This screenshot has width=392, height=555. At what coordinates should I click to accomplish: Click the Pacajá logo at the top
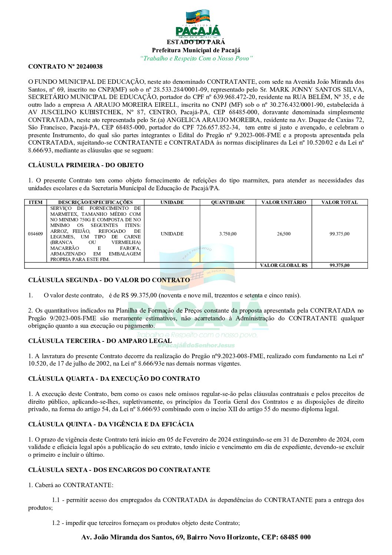[198, 24]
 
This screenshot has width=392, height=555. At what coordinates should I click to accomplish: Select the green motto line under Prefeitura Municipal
[196, 59]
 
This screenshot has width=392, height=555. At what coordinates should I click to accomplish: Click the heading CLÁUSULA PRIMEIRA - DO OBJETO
[86, 165]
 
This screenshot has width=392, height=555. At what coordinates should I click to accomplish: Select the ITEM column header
[36, 202]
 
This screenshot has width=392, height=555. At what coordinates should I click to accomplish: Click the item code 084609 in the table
[36, 234]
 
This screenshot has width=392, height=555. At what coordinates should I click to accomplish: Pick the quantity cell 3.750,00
[228, 234]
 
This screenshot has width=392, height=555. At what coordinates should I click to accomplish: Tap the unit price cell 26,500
[284, 234]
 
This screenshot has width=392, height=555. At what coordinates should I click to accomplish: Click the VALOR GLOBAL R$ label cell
[284, 265]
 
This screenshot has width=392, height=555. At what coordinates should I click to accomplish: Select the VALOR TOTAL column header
[339, 202]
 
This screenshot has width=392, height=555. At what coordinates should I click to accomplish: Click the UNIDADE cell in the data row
[172, 234]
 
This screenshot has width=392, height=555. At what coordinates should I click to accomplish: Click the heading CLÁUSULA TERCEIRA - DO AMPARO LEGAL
[100, 341]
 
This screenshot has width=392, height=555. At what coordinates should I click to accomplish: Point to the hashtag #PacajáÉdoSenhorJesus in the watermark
[196, 346]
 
